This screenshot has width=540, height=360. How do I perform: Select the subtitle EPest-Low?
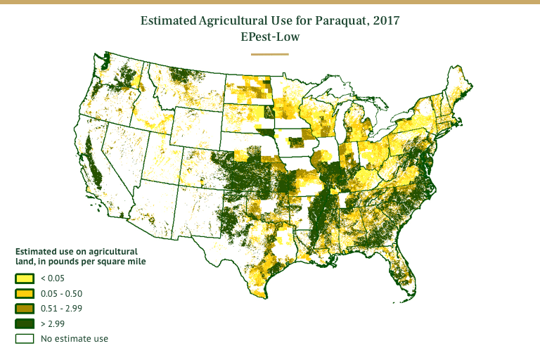270,37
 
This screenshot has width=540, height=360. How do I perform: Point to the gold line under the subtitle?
270,53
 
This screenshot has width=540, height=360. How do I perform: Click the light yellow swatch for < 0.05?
25,278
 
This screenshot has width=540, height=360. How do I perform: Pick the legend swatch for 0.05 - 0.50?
25,293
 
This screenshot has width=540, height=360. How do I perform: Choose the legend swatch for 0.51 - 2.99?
25,309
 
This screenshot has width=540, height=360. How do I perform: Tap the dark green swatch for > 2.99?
25,323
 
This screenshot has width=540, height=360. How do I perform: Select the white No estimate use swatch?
25,339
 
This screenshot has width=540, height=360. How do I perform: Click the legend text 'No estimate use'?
75,339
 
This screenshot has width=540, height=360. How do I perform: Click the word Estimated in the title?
168,21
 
